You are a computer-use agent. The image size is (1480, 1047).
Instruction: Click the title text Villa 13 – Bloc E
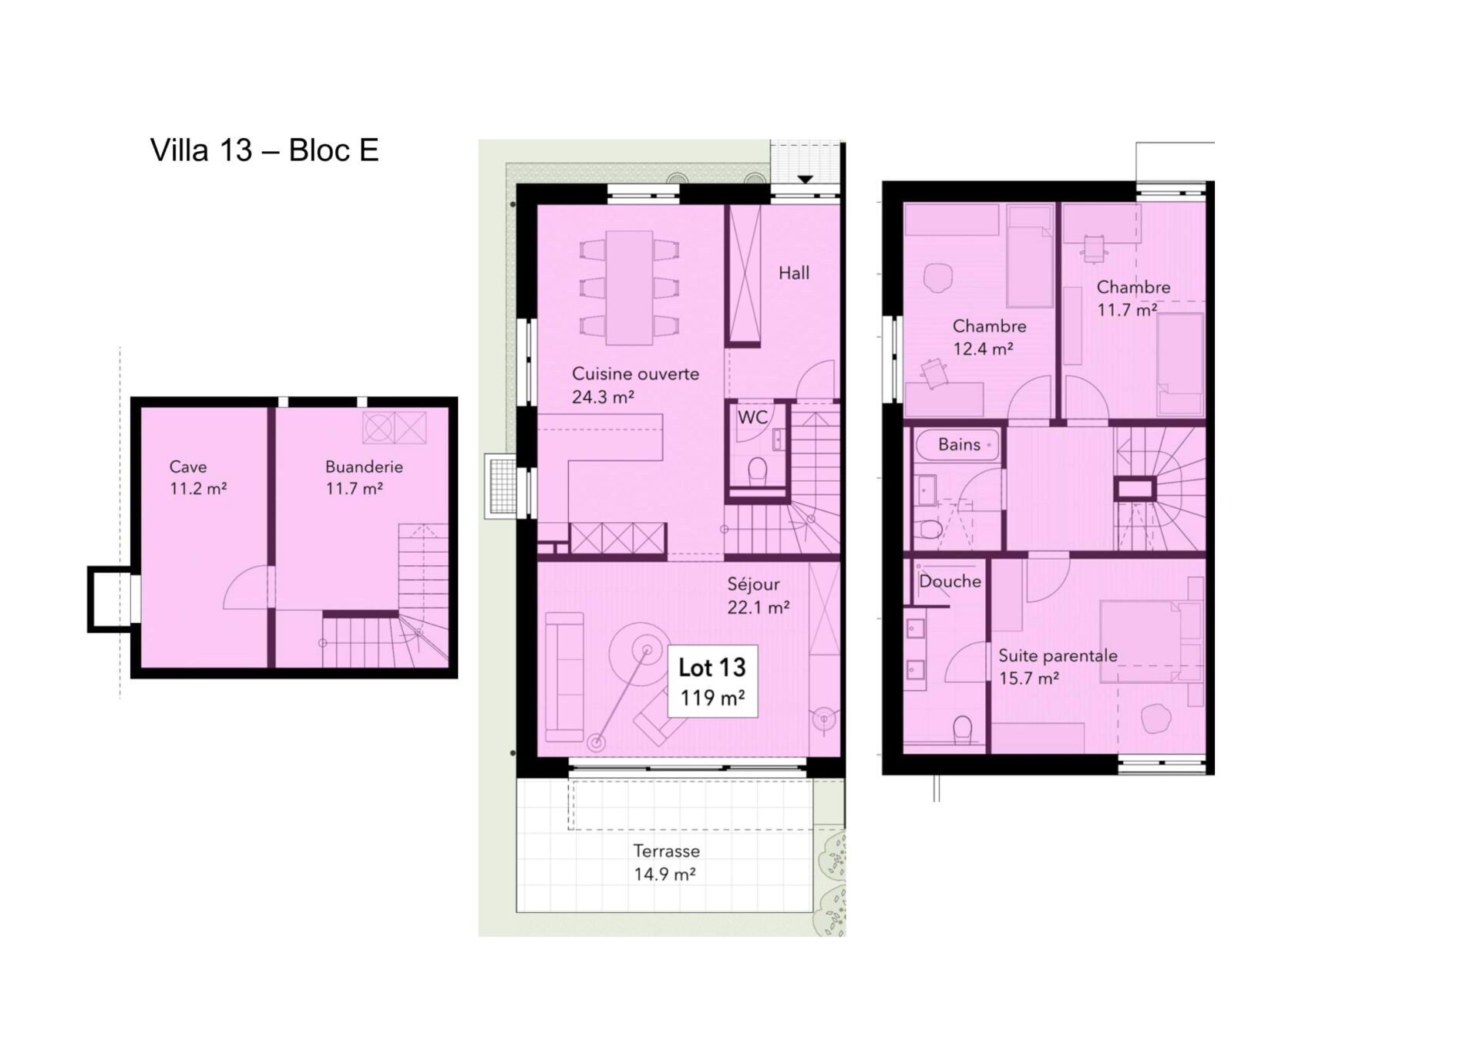pos(264,150)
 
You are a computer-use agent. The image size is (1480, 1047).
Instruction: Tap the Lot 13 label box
pos(712,681)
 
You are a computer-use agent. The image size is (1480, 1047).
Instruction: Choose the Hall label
pos(794,273)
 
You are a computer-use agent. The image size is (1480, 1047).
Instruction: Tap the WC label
pos(752,417)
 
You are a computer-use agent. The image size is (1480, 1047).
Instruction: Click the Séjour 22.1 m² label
pos(758,596)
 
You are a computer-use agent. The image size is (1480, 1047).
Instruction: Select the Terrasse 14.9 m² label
pos(666,862)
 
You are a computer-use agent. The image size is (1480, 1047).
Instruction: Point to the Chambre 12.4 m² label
pos(989,337)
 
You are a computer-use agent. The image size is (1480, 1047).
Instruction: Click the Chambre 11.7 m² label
pos(1133,298)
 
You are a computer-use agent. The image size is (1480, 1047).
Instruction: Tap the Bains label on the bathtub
pos(959,445)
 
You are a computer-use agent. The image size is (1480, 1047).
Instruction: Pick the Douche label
pos(950,581)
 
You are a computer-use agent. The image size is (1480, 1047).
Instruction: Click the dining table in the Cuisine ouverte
pos(630,288)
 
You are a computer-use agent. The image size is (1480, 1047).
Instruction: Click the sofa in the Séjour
pos(564,676)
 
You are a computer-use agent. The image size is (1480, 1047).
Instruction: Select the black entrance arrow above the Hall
pos(806,179)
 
